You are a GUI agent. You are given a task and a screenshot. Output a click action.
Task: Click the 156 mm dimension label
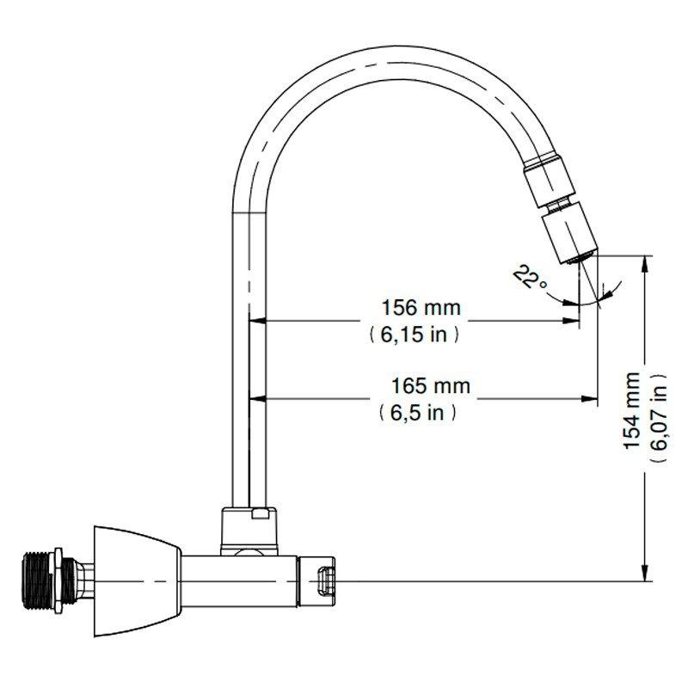pyautogui.click(x=421, y=307)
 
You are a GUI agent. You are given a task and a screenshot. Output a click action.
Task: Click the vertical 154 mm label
pyautogui.click(x=632, y=409)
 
